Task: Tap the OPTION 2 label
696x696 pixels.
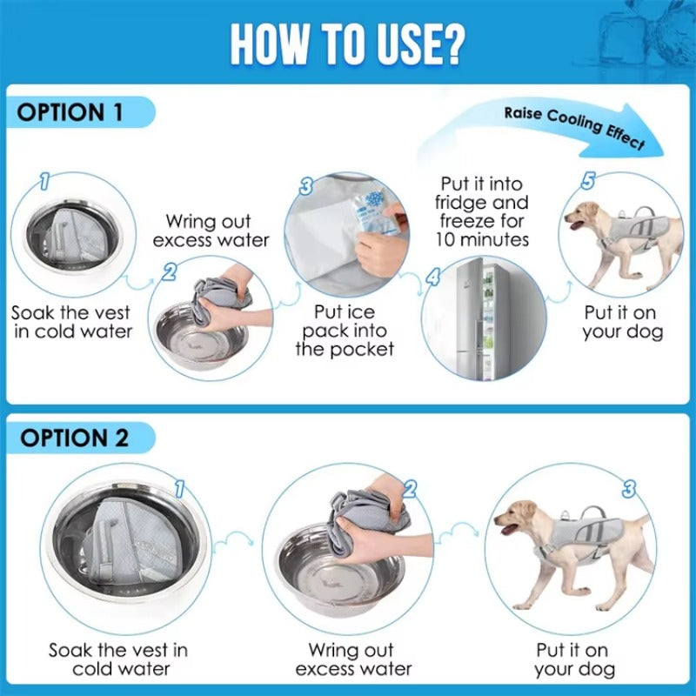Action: pyautogui.click(x=74, y=437)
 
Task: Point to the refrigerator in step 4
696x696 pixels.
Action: pyautogui.click(x=476, y=317)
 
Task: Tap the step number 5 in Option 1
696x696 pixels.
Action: pyautogui.click(x=588, y=181)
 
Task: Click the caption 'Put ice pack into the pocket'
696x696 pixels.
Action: pyautogui.click(x=345, y=330)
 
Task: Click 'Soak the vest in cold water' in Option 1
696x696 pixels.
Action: pyautogui.click(x=72, y=322)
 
